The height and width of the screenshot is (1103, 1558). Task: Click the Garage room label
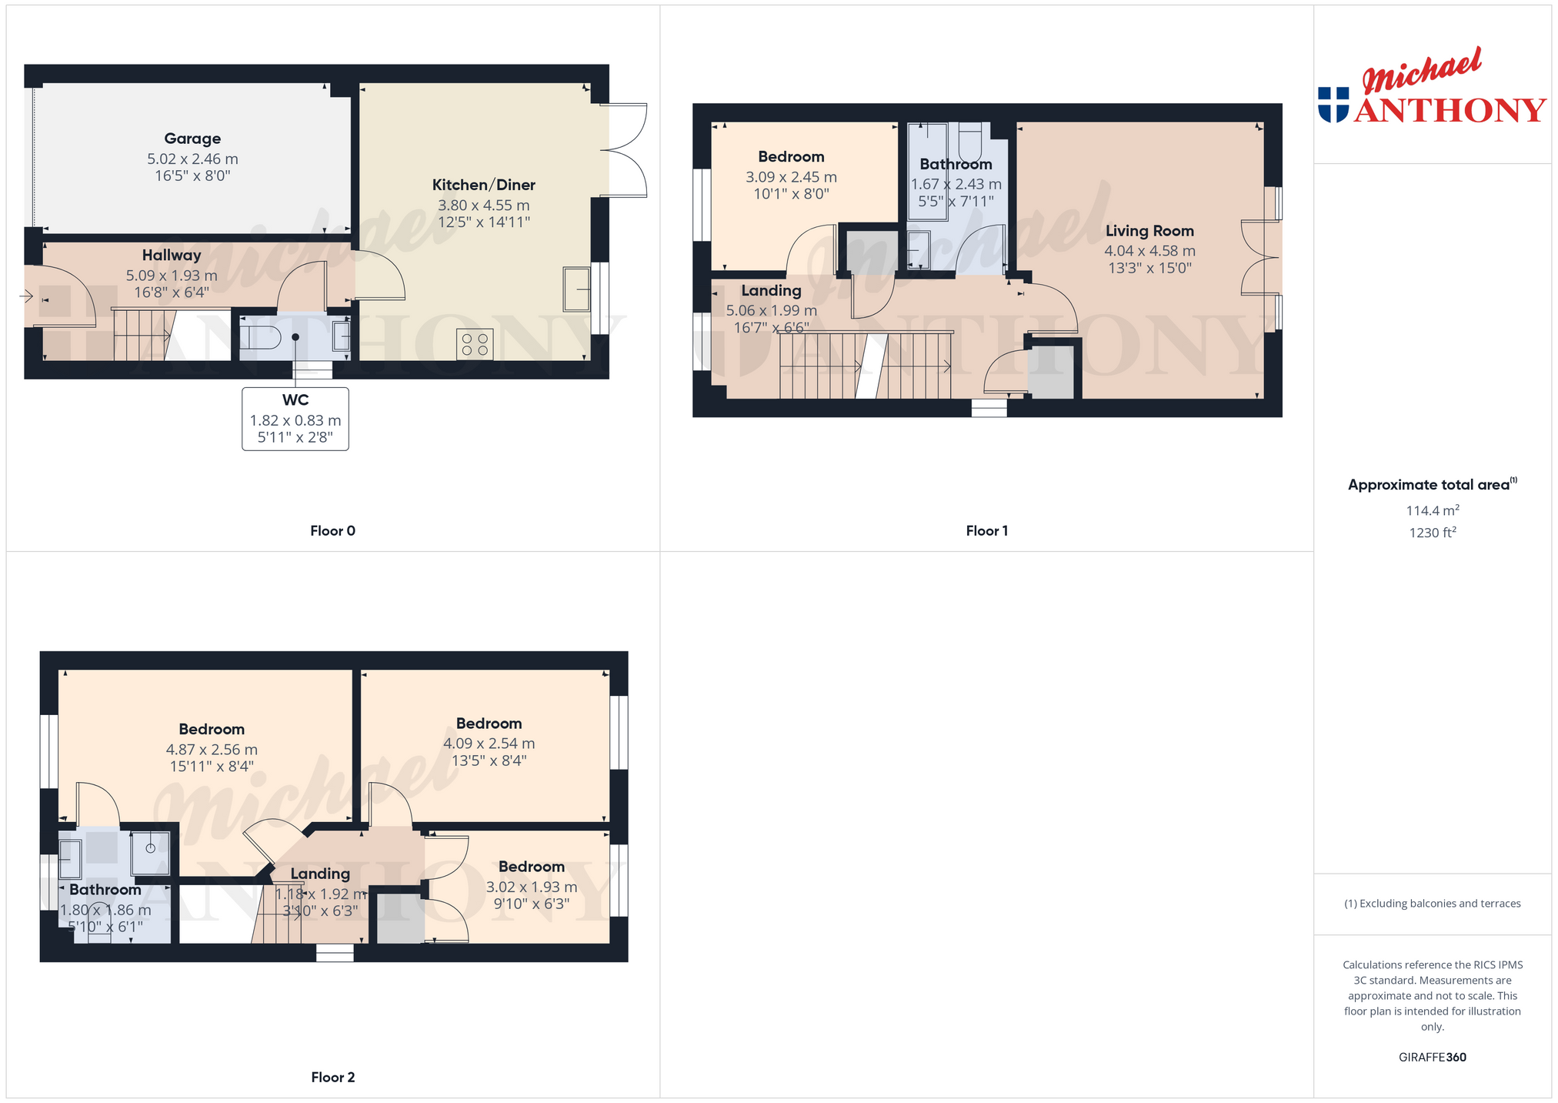pyautogui.click(x=192, y=139)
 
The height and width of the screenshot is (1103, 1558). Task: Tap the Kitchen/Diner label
pyautogui.click(x=483, y=185)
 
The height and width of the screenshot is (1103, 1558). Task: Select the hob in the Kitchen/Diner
pyautogui.click(x=475, y=344)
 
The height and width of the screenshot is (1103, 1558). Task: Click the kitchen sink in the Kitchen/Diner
pyautogui.click(x=576, y=289)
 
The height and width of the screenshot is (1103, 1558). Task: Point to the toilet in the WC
pyautogui.click(x=259, y=337)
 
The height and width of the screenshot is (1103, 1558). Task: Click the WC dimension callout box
pyautogui.click(x=295, y=419)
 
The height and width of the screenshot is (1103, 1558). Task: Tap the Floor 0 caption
pyautogui.click(x=332, y=530)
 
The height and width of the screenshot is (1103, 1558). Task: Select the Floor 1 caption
pyautogui.click(x=986, y=530)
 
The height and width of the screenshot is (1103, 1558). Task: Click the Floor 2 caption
pyautogui.click(x=332, y=1077)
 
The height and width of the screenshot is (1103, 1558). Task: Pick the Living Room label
pyautogui.click(x=1149, y=231)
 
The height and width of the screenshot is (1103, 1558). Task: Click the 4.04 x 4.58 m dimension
pyautogui.click(x=1149, y=251)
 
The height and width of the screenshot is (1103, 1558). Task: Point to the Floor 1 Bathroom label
pyautogui.click(x=956, y=164)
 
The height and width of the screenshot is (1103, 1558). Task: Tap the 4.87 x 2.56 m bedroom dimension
pyautogui.click(x=212, y=750)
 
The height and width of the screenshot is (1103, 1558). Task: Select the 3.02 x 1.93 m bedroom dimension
pyautogui.click(x=532, y=887)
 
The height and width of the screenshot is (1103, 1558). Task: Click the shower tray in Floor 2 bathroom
pyautogui.click(x=150, y=853)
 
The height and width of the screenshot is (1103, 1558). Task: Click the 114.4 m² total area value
pyautogui.click(x=1433, y=510)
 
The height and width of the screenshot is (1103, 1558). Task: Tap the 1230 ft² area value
pyautogui.click(x=1433, y=532)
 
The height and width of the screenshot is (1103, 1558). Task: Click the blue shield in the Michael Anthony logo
pyautogui.click(x=1333, y=105)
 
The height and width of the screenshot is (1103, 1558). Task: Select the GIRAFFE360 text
pyautogui.click(x=1433, y=1057)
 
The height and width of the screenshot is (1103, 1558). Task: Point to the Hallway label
pyautogui.click(x=172, y=255)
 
